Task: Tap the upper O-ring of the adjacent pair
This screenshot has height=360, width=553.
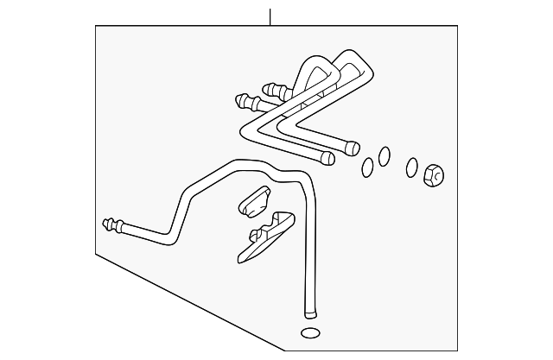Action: point(384,155)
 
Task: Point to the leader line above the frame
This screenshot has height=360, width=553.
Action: point(270,16)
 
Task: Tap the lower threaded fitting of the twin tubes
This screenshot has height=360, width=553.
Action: point(245,102)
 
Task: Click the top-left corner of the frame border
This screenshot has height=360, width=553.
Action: point(95,26)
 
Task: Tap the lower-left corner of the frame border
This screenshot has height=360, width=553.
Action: point(95,252)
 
